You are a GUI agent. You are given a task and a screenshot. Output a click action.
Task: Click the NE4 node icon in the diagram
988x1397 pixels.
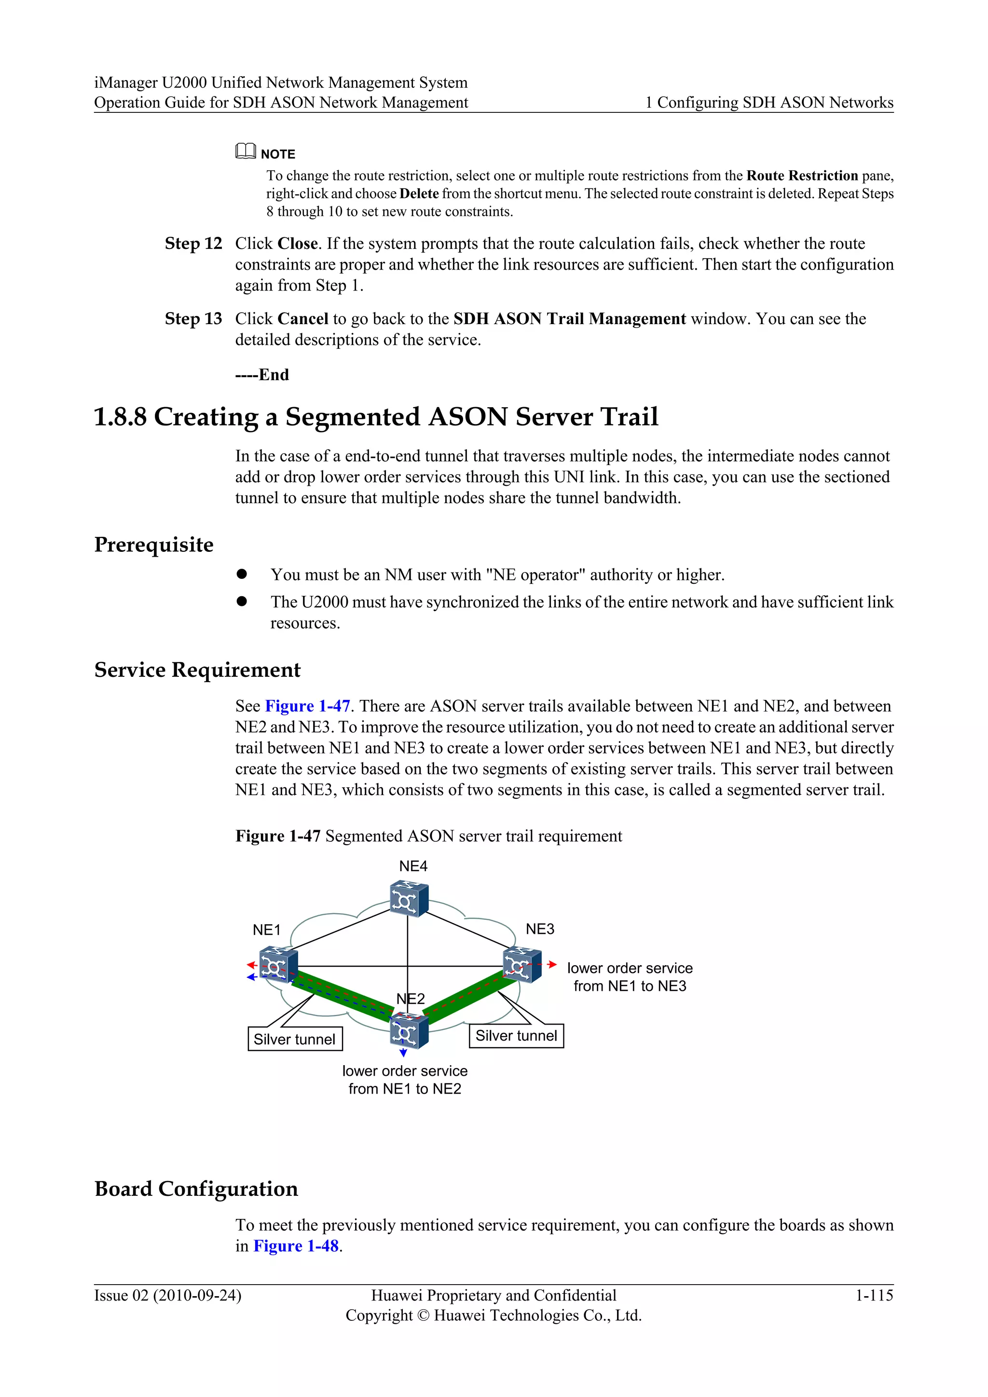(x=409, y=899)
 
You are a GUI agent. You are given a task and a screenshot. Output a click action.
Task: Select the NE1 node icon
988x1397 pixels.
(x=278, y=966)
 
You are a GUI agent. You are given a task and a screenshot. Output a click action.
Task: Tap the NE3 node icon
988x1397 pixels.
(x=522, y=965)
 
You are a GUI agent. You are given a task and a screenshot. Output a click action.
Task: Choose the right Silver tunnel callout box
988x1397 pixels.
(x=516, y=1036)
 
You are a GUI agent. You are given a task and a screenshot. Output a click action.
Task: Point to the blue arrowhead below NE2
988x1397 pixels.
(x=403, y=1053)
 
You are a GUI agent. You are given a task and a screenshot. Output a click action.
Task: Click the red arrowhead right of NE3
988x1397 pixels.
(x=552, y=964)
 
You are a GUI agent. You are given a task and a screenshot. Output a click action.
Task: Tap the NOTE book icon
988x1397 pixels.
(x=245, y=151)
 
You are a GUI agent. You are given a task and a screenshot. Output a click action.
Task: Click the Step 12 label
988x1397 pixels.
(x=193, y=244)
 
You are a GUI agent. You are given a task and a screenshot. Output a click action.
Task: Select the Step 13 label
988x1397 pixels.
(x=193, y=319)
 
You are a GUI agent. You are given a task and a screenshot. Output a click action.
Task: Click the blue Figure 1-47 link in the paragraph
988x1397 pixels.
(x=307, y=706)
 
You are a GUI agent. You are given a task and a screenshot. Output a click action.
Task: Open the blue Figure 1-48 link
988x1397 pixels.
(x=296, y=1246)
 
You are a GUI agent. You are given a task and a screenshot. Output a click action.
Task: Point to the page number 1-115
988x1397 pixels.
(x=874, y=1295)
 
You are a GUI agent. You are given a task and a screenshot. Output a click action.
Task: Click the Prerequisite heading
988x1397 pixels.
(x=154, y=545)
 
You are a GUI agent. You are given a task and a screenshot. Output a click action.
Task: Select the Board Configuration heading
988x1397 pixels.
(x=196, y=1189)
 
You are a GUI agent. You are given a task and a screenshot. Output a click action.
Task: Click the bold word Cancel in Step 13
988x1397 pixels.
(x=303, y=319)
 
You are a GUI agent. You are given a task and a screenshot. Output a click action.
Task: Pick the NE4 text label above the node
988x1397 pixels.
(x=413, y=866)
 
